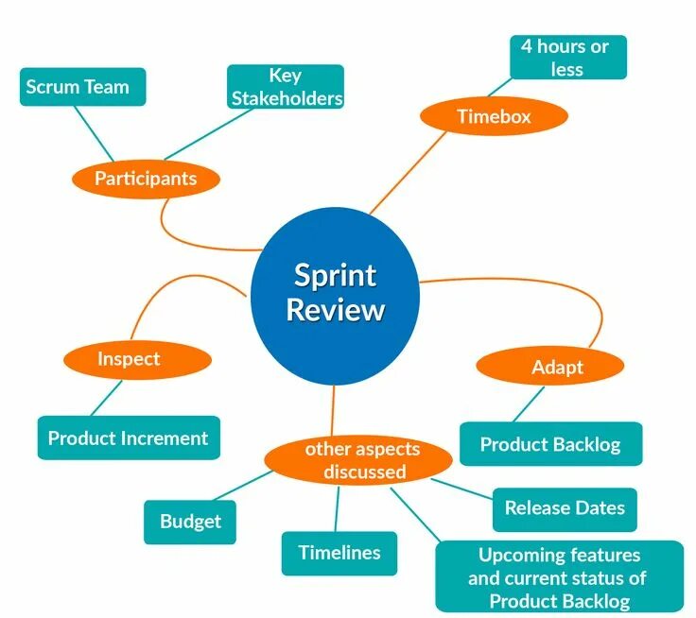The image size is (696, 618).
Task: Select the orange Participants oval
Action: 146,178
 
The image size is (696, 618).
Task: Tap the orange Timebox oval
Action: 494,117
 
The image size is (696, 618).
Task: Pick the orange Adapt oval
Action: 549,367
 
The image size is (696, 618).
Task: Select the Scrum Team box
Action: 82,87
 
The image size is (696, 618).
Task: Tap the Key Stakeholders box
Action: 285,87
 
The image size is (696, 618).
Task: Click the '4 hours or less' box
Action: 567,57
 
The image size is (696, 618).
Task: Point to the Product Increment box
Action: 129,438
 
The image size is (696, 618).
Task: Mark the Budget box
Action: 190,522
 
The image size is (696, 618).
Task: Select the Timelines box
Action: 339,553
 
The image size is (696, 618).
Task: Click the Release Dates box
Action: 565,508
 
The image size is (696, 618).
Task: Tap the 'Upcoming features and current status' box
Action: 559,576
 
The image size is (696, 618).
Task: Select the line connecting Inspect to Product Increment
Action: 107,397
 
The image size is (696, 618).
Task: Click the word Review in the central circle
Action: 336,310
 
